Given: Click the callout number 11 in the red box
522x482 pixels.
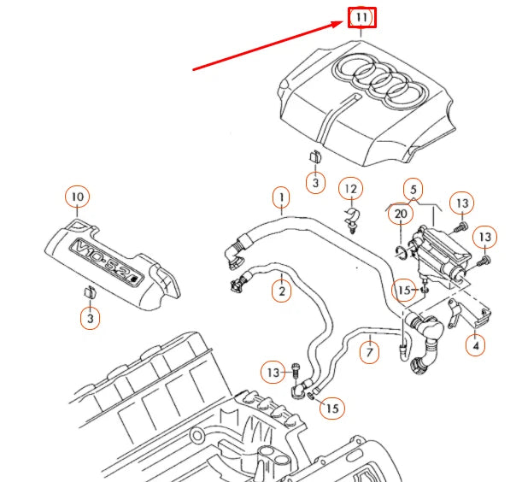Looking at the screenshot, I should pos(361,18).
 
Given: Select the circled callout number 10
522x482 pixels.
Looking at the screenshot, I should pos(77,197).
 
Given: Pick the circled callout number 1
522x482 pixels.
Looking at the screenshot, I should pos(279,199).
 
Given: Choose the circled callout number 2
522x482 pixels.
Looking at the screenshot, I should pos(279,291).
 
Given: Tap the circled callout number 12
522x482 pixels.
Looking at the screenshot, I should pos(349,188).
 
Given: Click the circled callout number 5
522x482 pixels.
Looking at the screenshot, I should pos(413,189).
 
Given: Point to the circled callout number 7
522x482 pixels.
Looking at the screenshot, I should pos(369,350).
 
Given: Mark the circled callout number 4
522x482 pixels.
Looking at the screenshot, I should pos(476,345).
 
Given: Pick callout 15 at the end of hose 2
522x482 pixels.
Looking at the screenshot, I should pos(331,409).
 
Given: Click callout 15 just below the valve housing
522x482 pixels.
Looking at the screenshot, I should pos(404,291).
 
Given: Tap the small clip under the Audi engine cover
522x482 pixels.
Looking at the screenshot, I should pos(314,157).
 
